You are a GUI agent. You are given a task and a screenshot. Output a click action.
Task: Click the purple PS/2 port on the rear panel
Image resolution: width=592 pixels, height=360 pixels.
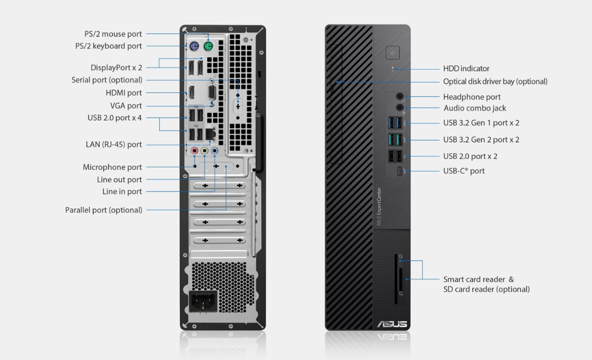[194, 47]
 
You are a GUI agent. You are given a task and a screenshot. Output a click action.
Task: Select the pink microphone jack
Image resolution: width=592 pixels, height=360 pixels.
[194, 151]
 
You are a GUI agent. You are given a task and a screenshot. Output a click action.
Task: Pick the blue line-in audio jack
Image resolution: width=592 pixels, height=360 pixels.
[214, 151]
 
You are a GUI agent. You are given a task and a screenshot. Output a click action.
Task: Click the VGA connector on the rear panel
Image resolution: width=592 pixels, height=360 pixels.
[212, 92]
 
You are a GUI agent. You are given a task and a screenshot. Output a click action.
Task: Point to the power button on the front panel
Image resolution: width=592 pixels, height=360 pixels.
[393, 53]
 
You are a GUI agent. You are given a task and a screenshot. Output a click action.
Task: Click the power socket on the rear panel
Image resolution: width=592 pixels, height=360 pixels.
[203, 301]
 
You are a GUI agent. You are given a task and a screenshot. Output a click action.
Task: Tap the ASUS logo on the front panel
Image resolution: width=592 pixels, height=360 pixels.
[392, 324]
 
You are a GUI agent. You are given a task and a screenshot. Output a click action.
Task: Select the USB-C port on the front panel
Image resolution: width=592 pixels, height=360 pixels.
[400, 171]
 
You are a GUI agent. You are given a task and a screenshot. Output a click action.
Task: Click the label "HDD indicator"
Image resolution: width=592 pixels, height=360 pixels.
[466, 69]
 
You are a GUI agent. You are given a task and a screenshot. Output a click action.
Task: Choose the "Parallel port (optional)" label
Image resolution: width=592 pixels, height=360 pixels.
[104, 210]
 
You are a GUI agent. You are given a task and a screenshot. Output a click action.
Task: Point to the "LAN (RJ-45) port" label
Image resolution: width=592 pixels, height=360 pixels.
[113, 145]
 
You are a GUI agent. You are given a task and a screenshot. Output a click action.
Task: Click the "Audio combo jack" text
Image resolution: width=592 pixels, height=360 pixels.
[475, 108]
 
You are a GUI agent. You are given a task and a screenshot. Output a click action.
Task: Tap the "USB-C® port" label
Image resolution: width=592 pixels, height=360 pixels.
[463, 171]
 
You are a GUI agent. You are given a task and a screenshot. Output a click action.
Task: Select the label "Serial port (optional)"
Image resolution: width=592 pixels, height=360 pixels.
[107, 80]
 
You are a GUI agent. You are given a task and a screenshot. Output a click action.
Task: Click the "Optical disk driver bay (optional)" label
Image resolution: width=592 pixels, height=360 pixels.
[495, 81]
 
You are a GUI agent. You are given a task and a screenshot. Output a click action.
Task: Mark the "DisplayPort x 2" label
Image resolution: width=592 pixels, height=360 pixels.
[116, 67]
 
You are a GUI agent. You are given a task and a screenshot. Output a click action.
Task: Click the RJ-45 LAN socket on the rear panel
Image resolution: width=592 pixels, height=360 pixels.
[210, 134]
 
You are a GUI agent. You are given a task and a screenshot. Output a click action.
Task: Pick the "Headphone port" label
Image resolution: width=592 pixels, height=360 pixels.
[472, 97]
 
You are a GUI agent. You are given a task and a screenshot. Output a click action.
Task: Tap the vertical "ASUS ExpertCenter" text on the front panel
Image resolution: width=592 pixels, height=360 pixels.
[379, 207]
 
